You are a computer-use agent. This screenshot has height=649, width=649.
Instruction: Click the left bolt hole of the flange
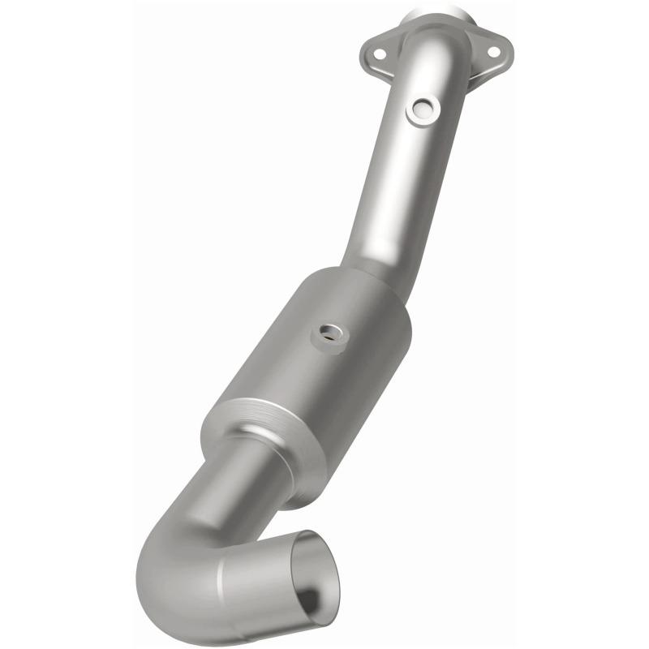pos(376,54)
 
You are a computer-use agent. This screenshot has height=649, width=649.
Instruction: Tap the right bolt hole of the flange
pos(492,51)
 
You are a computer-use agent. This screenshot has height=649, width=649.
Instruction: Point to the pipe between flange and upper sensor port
pos(430,77)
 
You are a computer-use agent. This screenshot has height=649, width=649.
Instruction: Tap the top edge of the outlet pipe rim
pos(316,535)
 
